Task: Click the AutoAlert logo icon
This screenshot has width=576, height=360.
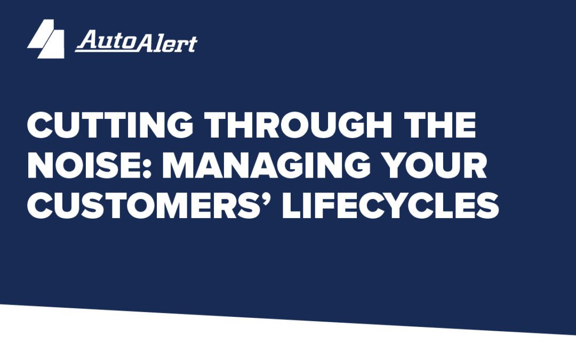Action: click(46, 39)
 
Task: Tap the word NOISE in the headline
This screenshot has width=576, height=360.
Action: click(89, 166)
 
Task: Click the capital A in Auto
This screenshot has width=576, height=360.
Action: click(86, 41)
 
